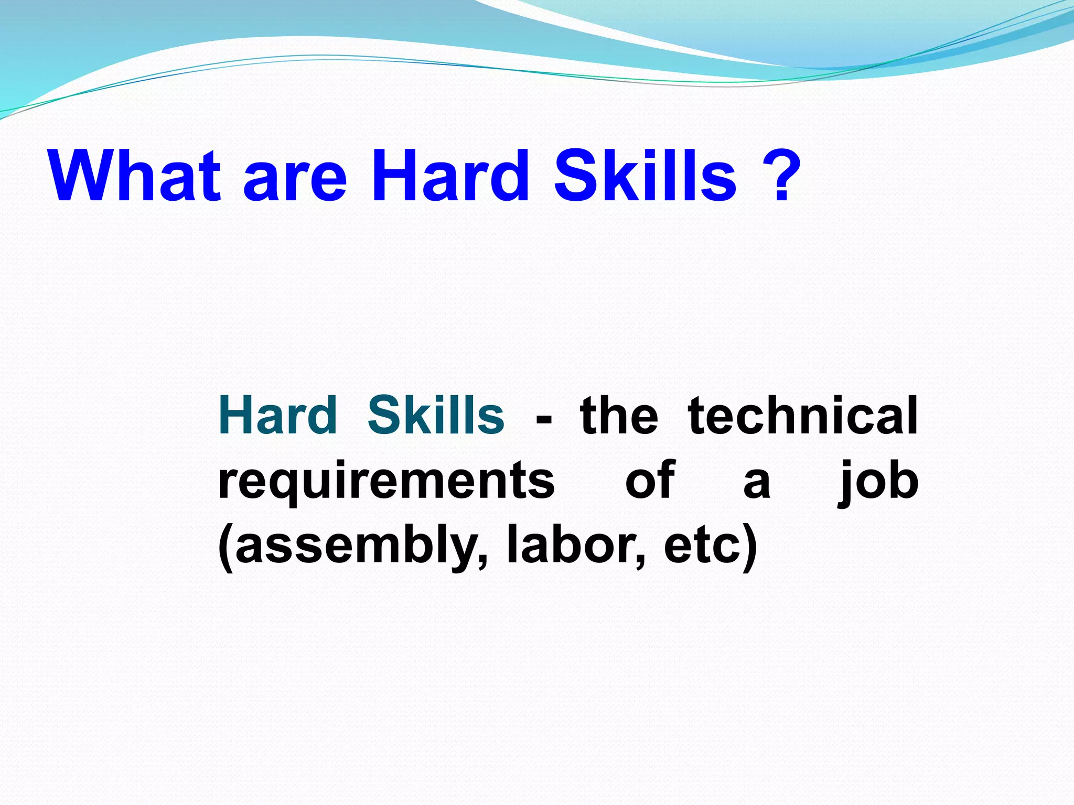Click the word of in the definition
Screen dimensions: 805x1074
point(650,480)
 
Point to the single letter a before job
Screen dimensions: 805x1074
point(757,483)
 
